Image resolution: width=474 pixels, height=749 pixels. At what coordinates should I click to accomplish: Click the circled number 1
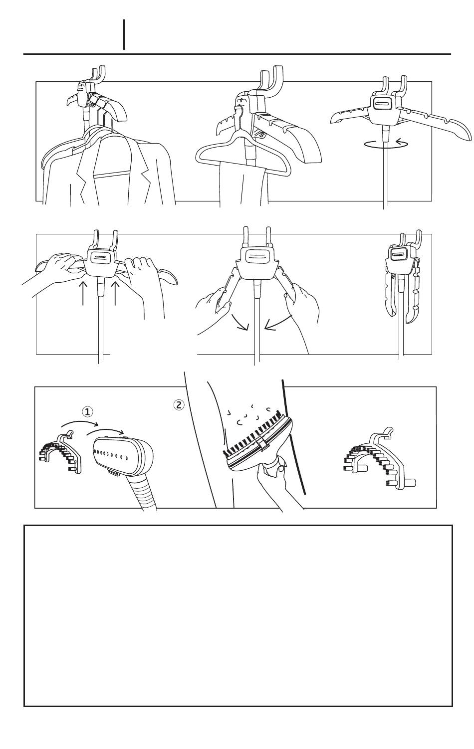(x=87, y=411)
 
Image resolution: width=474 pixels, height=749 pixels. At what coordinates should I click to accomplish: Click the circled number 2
(x=179, y=405)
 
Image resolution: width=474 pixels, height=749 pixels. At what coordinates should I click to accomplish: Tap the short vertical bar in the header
(x=124, y=34)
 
